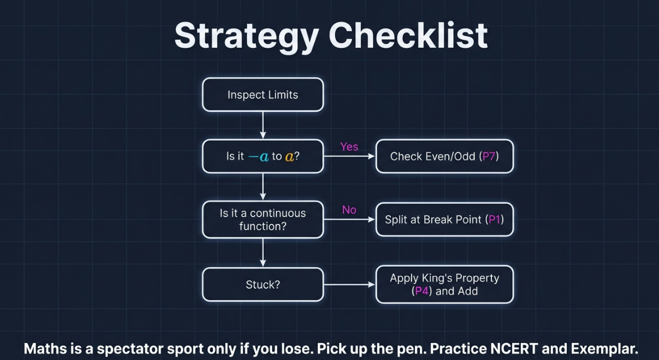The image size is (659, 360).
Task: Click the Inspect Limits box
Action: (x=263, y=94)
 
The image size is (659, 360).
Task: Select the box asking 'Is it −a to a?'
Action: (x=263, y=156)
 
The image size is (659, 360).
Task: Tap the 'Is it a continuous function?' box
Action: (x=263, y=219)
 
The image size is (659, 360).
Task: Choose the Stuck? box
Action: (x=263, y=285)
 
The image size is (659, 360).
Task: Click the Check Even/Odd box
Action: (x=444, y=156)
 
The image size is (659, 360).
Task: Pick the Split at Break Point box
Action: (x=444, y=219)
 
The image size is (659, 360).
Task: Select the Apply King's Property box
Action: (x=444, y=284)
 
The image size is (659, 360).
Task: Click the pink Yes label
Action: (x=349, y=147)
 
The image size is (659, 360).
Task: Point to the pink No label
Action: (x=349, y=209)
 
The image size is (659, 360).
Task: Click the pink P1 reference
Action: (x=495, y=219)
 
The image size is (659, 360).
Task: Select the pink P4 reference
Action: (x=422, y=291)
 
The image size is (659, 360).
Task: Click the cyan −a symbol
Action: (x=259, y=157)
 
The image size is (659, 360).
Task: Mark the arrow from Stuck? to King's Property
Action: (x=349, y=285)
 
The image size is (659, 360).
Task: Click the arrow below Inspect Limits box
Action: (x=263, y=125)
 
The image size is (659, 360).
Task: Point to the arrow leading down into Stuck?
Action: (x=263, y=253)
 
